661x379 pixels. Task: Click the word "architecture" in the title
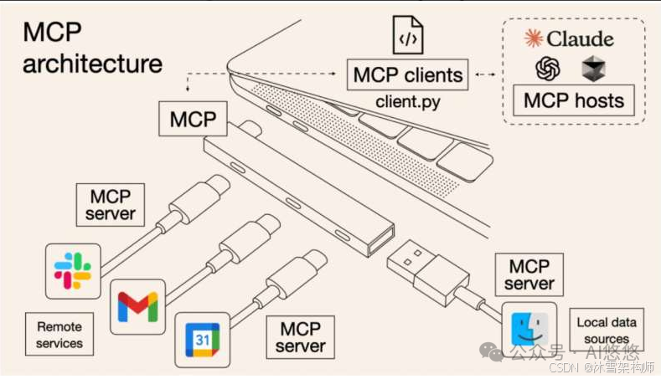click(x=92, y=64)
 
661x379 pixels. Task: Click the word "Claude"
click(x=580, y=38)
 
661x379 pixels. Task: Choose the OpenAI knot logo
click(x=548, y=68)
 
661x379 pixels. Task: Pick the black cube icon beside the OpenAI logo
click(x=593, y=68)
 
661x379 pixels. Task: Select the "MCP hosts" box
click(x=573, y=100)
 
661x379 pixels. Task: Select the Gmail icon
click(x=137, y=306)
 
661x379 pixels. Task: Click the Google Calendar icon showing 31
click(x=202, y=339)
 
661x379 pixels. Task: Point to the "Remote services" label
click(x=59, y=335)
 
